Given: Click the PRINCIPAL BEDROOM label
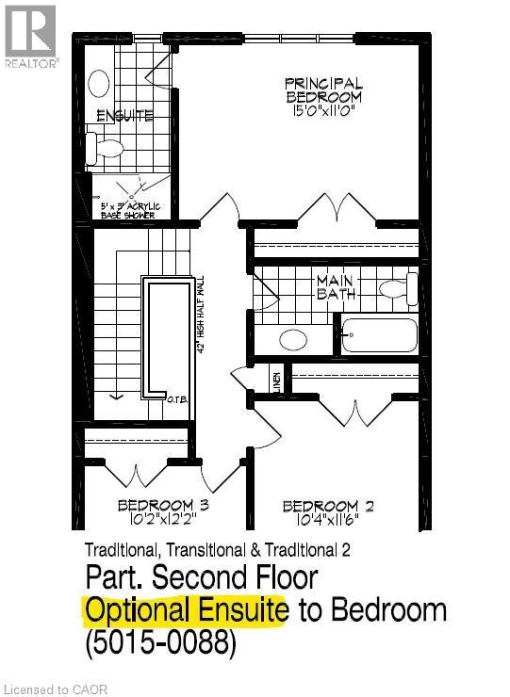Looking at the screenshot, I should [323, 89].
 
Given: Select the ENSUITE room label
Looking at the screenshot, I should [124, 116].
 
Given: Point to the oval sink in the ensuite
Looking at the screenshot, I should [99, 83].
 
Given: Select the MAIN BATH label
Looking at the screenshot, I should [337, 286].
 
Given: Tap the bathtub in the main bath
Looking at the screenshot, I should [379, 334].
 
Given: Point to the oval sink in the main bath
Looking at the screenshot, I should [293, 339].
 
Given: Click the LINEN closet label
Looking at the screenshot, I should [277, 381].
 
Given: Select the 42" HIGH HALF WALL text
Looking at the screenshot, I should [200, 315].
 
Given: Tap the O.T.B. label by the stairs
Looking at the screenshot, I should [176, 399].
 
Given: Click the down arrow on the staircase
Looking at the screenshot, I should [116, 394].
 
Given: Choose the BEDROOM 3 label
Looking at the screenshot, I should [162, 506].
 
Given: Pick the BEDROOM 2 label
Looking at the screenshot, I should [328, 507].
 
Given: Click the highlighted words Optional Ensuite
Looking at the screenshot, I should [186, 610].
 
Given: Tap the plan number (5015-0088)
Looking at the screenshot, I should [160, 645].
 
